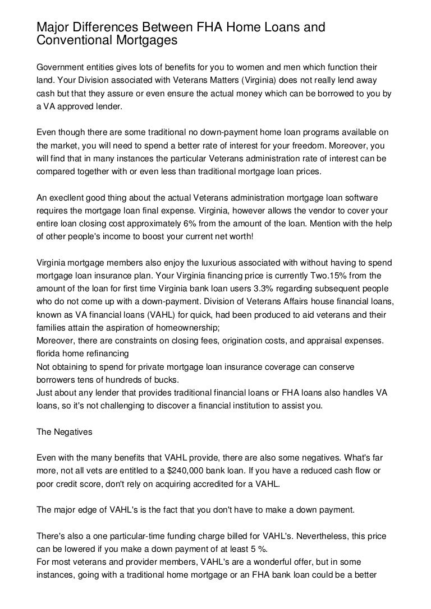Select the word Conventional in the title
73,40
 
